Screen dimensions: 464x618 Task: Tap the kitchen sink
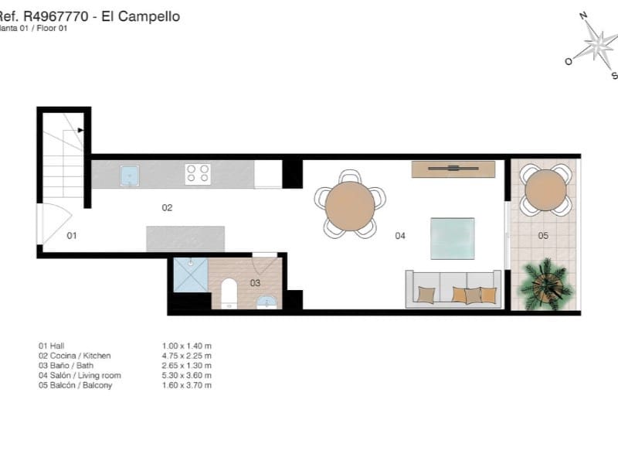click(130, 175)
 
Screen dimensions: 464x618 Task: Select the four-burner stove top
click(197, 173)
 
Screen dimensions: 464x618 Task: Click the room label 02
click(167, 207)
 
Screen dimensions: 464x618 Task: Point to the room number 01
click(71, 235)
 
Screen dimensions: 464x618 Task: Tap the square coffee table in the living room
click(452, 238)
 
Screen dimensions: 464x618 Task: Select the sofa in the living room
click(453, 289)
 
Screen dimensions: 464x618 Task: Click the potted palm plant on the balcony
click(547, 284)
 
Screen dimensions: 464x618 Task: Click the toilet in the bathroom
click(229, 294)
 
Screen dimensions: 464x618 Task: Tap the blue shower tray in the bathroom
click(190, 275)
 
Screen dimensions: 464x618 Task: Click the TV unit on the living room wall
click(453, 169)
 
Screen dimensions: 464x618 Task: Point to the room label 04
click(400, 235)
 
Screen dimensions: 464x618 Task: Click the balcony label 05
click(543, 235)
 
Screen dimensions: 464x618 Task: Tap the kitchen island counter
click(185, 238)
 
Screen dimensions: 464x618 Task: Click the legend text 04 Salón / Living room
click(80, 375)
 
